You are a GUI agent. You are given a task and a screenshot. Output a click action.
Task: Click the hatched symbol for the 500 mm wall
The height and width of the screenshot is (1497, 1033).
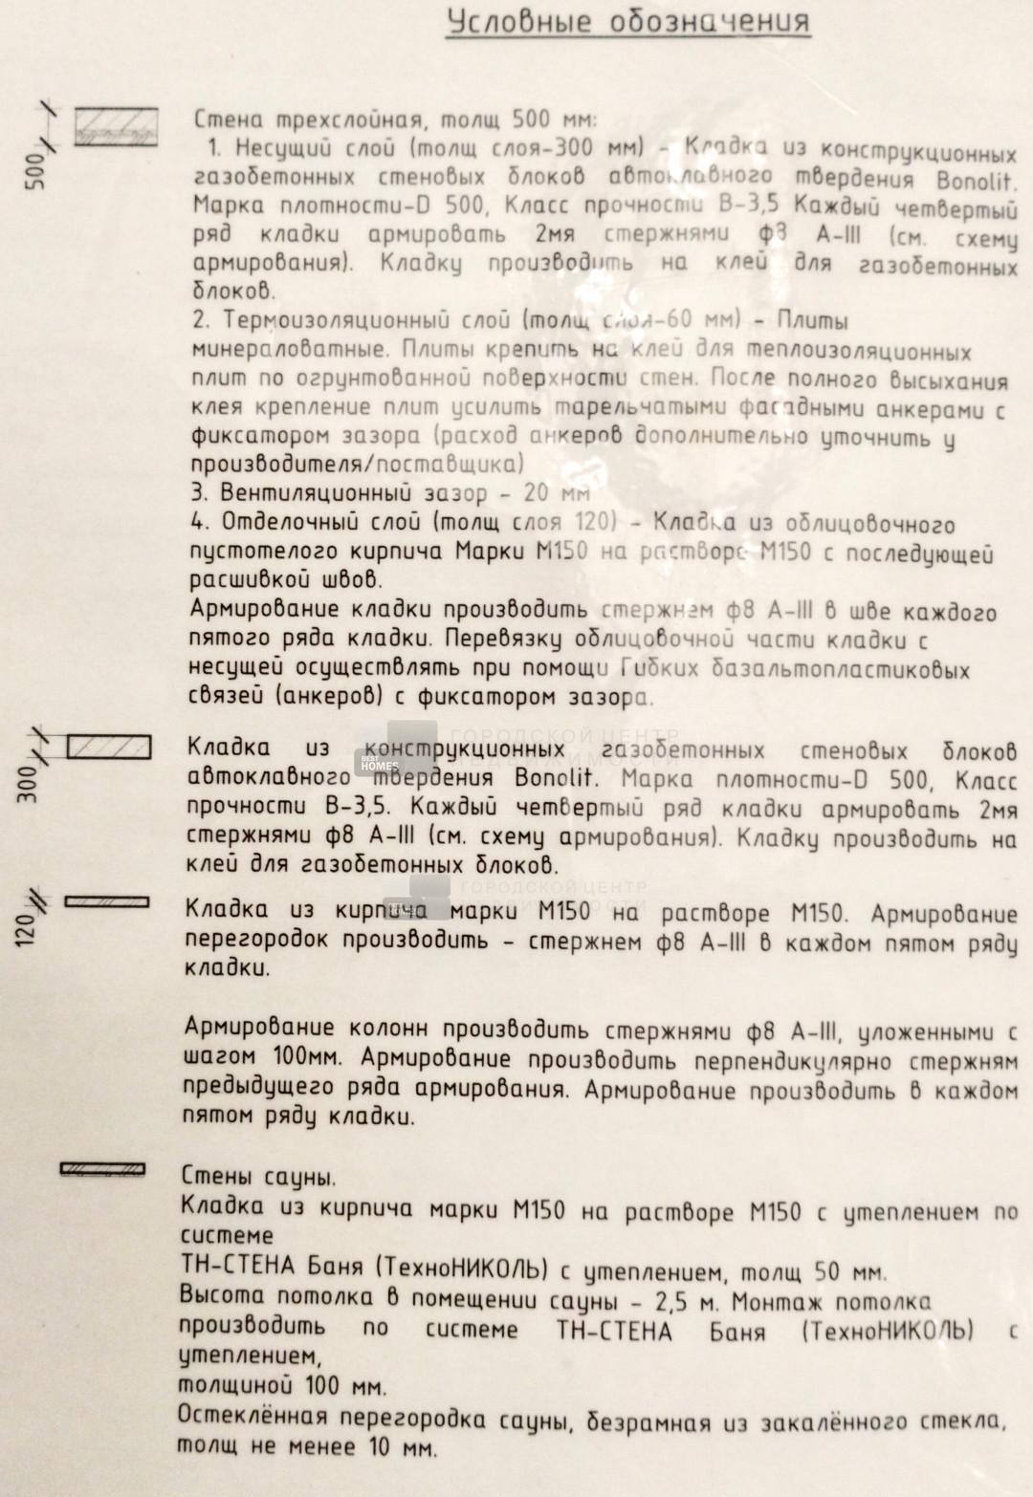click(117, 125)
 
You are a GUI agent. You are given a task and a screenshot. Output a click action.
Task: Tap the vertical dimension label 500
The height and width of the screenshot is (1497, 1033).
click(35, 170)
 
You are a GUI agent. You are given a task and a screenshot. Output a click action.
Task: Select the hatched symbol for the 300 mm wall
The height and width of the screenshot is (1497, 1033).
click(109, 747)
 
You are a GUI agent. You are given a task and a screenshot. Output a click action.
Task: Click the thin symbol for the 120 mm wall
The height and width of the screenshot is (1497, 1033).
click(106, 901)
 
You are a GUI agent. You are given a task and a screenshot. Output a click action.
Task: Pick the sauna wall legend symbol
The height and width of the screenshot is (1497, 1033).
click(102, 1168)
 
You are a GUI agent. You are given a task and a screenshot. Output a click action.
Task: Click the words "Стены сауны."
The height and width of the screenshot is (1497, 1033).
click(258, 1177)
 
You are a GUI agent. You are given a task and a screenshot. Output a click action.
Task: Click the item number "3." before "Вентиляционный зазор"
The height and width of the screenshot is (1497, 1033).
click(199, 493)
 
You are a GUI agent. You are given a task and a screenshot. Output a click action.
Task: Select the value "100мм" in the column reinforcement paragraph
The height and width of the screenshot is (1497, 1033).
click(303, 1058)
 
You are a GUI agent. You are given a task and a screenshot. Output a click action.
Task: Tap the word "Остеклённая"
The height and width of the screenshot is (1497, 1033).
click(253, 1416)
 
